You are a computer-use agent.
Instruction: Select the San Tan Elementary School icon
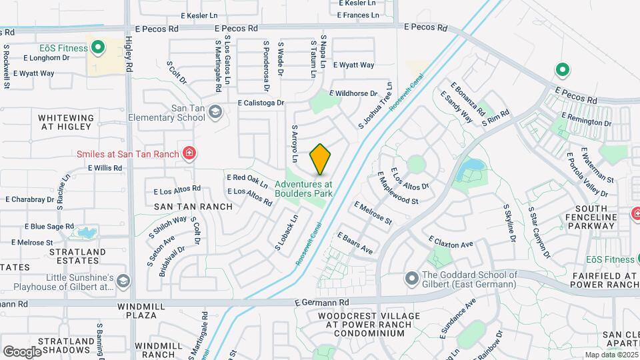pos(215,111)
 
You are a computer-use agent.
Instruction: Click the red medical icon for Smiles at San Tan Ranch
pos(189,153)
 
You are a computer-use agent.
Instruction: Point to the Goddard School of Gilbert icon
pos(411,277)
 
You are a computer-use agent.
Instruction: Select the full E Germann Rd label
pos(323,303)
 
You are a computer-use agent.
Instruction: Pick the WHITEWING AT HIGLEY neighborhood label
pos(66,122)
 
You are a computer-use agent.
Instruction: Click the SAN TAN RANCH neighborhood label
pos(193,207)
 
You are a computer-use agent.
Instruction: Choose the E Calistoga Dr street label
pos(261,103)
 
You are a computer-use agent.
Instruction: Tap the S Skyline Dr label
pos(511,225)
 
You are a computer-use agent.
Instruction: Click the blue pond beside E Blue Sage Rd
pos(86,233)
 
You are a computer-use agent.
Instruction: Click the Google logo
pos(22,351)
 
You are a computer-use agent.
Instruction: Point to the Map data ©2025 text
pos(611,355)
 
